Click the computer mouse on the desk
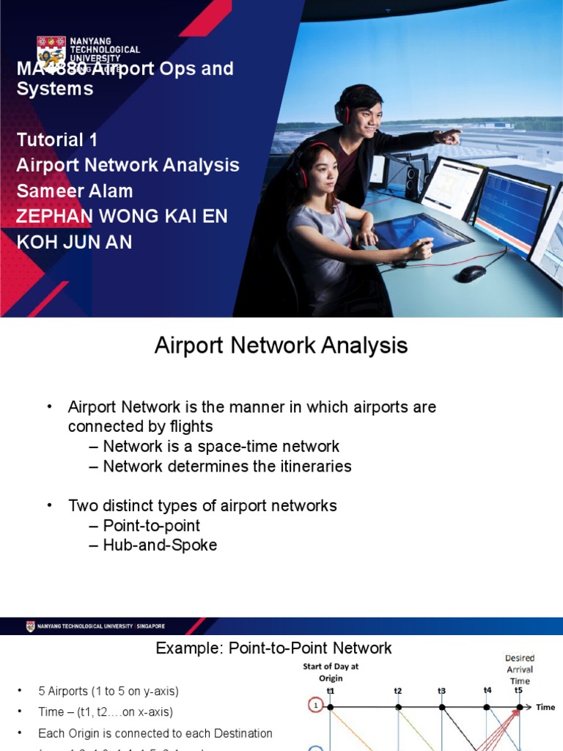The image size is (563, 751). point(471,273)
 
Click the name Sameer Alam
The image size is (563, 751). point(75,191)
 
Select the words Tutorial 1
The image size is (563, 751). point(57,139)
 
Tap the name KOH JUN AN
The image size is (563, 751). point(74,242)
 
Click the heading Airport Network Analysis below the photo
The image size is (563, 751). point(281,345)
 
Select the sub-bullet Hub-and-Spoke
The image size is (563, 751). point(160,545)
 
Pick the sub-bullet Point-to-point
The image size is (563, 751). point(151,525)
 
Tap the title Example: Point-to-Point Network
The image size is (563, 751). point(273,648)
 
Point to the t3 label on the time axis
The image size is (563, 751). point(442,691)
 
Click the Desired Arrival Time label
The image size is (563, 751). point(520,669)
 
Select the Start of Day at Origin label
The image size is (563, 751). point(331,672)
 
